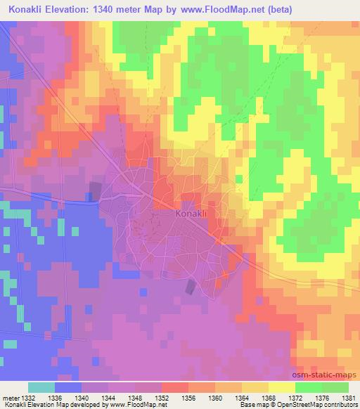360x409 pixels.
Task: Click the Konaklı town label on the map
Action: coord(192,213)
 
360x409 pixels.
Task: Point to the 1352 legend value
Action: coord(162,397)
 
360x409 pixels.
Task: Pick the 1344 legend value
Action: coord(109,397)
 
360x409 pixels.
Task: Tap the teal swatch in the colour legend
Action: coord(41,387)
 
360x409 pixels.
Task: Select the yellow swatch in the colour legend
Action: coord(281,387)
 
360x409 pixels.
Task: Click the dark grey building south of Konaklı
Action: coord(190,287)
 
